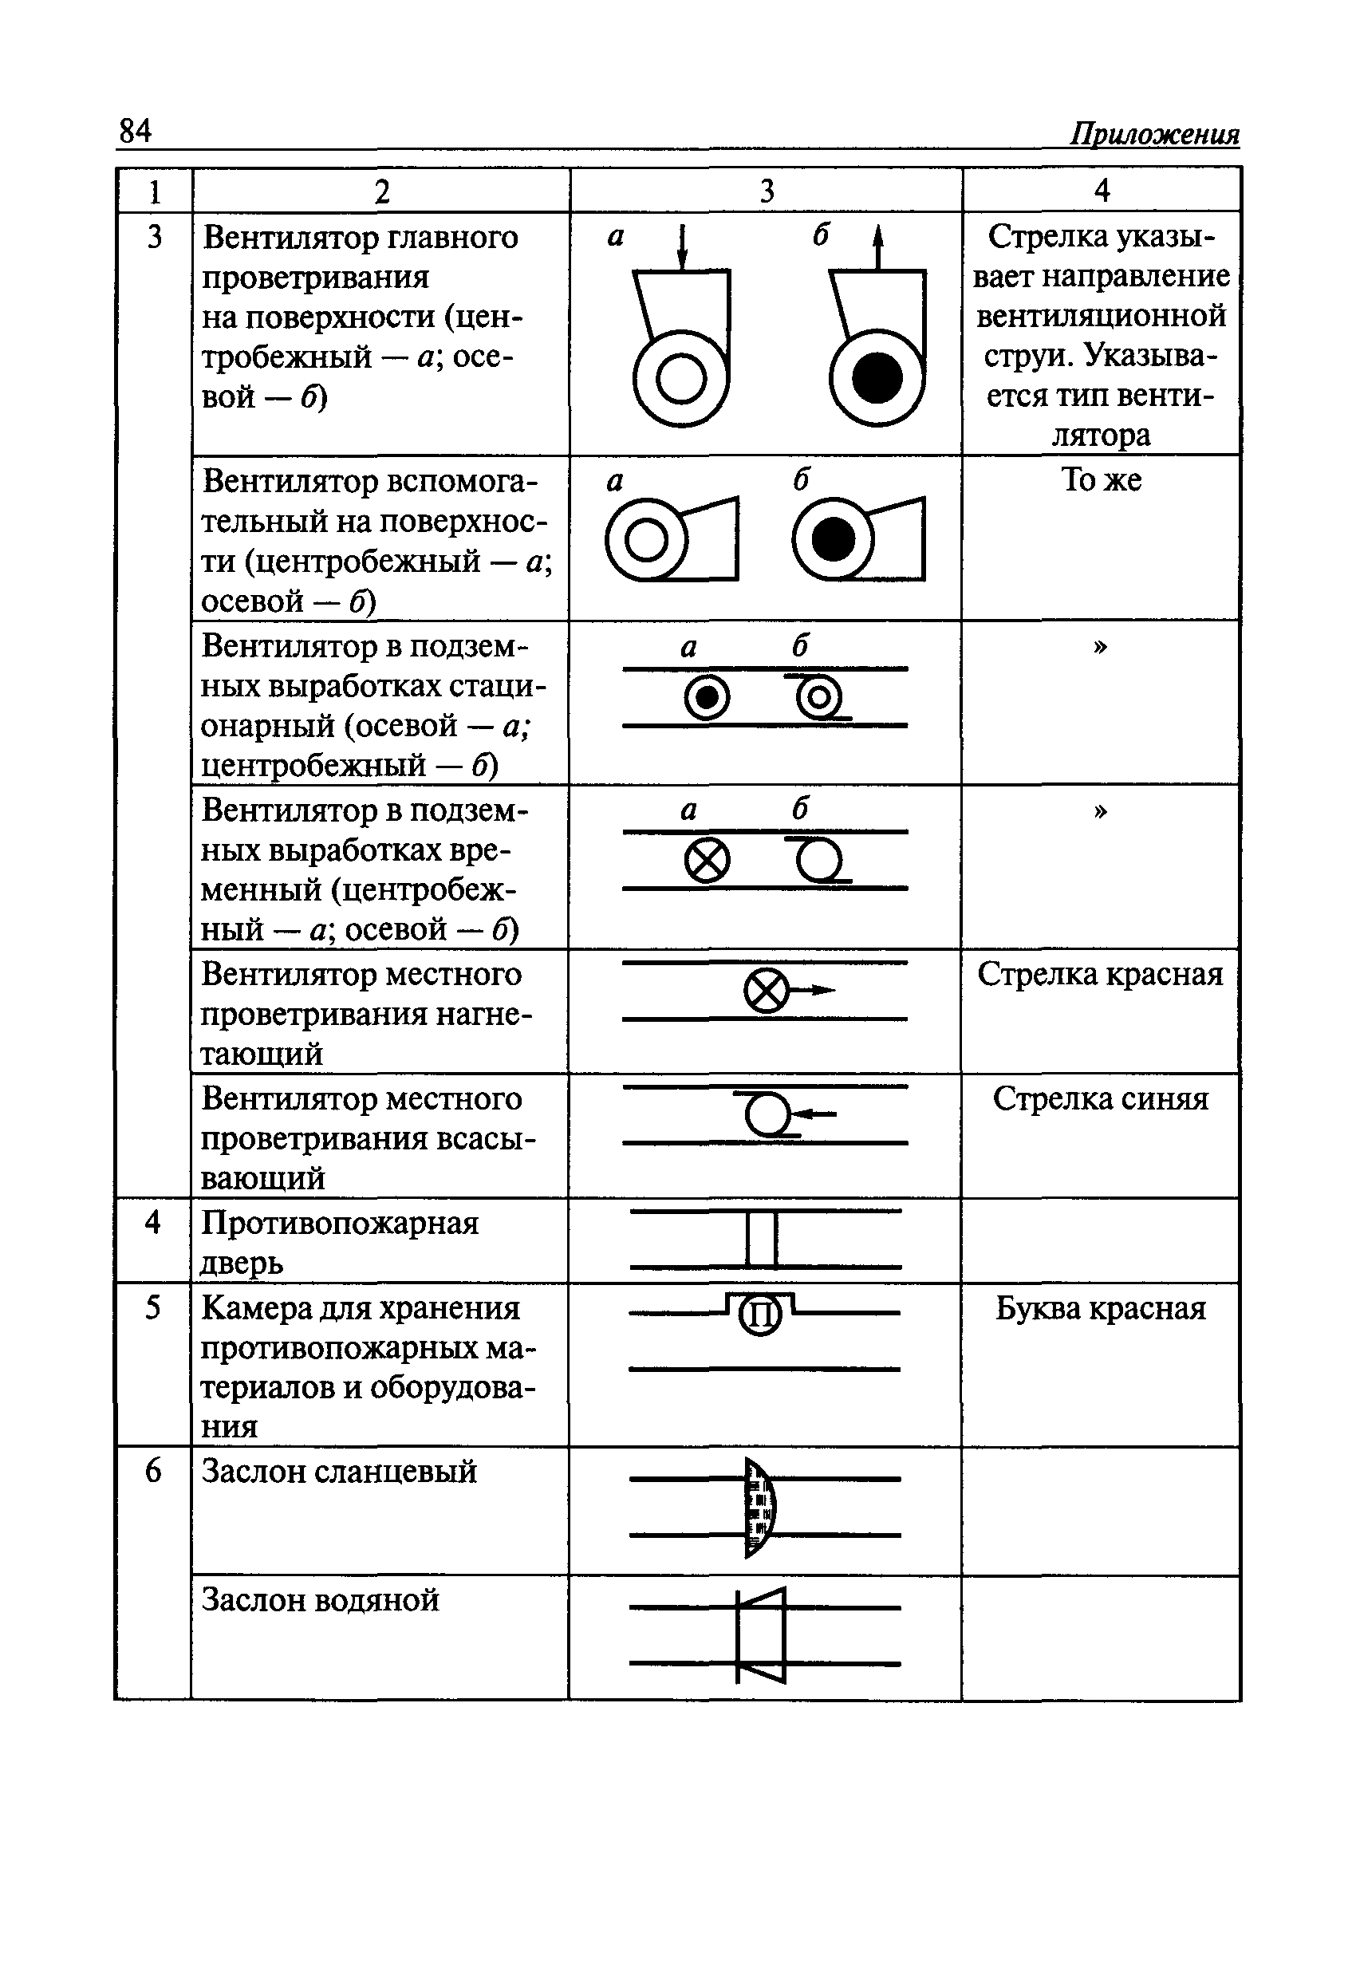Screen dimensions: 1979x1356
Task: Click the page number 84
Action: [x=136, y=131]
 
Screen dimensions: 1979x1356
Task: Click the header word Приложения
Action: [x=1154, y=135]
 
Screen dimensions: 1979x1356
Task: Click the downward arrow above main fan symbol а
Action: [x=681, y=247]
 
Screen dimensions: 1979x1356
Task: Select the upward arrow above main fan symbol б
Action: [x=878, y=247]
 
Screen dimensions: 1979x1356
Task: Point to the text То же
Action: [x=1101, y=480]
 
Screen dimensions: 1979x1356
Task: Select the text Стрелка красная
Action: [x=1100, y=974]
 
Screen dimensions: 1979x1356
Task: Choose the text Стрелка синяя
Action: [x=1101, y=1098]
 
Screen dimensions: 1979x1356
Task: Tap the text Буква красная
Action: [x=1101, y=1308]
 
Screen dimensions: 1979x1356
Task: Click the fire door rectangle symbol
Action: [x=762, y=1239]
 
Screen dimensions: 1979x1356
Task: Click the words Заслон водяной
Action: [x=321, y=1600]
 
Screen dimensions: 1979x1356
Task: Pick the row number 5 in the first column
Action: [x=152, y=1307]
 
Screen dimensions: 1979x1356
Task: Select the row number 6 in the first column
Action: [x=152, y=1471]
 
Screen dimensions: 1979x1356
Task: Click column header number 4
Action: [x=1102, y=191]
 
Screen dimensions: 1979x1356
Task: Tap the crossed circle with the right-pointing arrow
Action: [x=767, y=991]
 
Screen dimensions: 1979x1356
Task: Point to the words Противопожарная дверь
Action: [x=339, y=1243]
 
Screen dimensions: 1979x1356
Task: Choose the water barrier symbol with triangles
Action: [x=762, y=1635]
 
